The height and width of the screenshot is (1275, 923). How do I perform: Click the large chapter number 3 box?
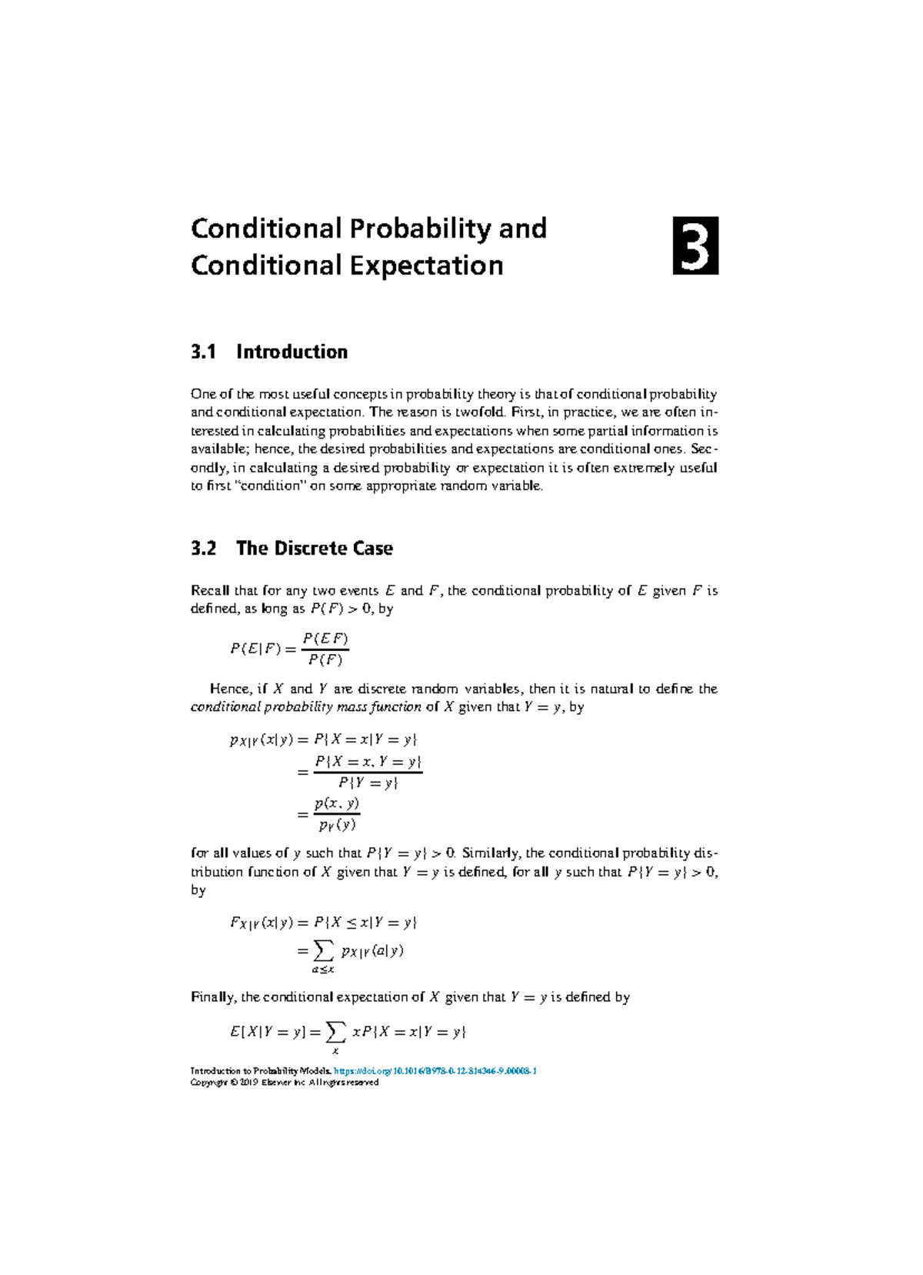695,245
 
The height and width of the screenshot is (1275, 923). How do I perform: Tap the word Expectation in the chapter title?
427,265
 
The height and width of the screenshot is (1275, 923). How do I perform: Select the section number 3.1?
203,352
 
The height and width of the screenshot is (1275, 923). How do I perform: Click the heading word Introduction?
292,352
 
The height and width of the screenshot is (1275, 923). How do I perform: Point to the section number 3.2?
203,548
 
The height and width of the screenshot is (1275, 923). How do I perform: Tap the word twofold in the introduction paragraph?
479,412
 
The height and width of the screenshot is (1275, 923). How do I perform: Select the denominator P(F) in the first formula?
325,659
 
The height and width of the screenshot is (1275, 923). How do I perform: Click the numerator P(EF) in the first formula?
325,639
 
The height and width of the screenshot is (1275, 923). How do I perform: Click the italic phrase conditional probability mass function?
305,707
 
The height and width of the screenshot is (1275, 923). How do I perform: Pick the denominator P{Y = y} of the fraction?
368,783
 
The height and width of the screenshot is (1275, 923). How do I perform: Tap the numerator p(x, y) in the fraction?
337,803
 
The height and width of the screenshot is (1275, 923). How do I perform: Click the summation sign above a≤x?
322,950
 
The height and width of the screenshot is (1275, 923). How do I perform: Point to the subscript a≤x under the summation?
322,970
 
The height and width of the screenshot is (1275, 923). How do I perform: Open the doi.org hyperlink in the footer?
435,1071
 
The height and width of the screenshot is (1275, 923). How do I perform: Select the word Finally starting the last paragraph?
213,997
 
